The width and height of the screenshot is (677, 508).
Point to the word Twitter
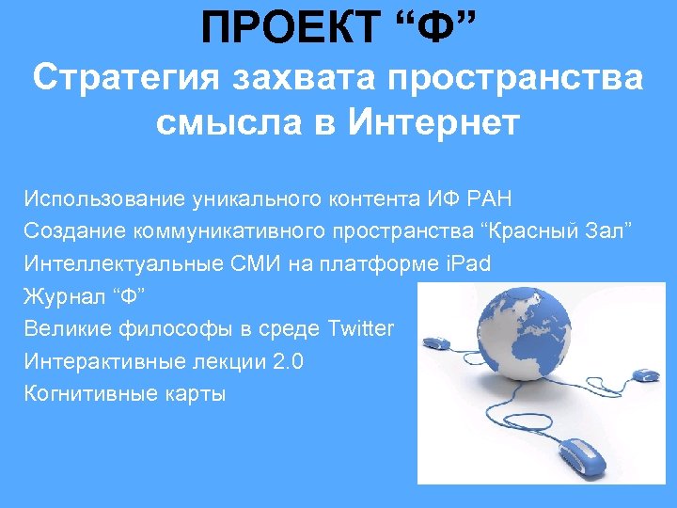(x=361, y=328)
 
